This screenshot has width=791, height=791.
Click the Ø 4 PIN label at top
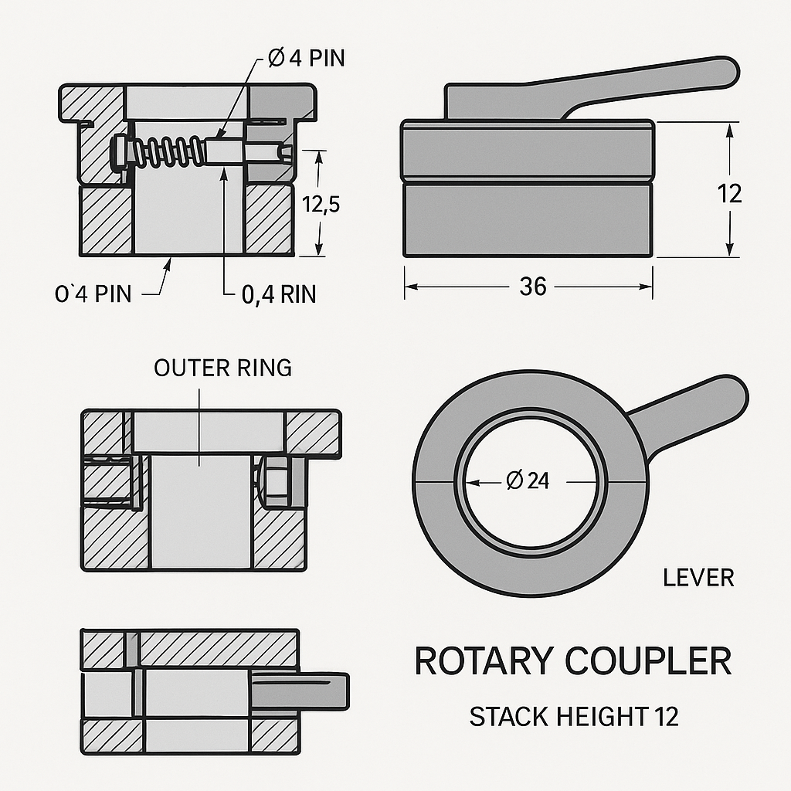click(x=307, y=59)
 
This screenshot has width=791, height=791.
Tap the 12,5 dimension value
click(x=321, y=204)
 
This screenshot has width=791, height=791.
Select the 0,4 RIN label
click(x=278, y=294)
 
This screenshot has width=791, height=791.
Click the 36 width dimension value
click(x=532, y=287)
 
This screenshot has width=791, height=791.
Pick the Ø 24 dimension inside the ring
click(x=528, y=481)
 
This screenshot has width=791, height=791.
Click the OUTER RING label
click(x=222, y=368)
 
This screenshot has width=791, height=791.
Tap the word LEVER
click(x=698, y=577)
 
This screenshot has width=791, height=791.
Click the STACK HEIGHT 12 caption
click(x=574, y=717)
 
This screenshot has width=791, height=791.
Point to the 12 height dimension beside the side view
click(x=729, y=193)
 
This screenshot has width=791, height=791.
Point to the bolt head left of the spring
click(x=120, y=151)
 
